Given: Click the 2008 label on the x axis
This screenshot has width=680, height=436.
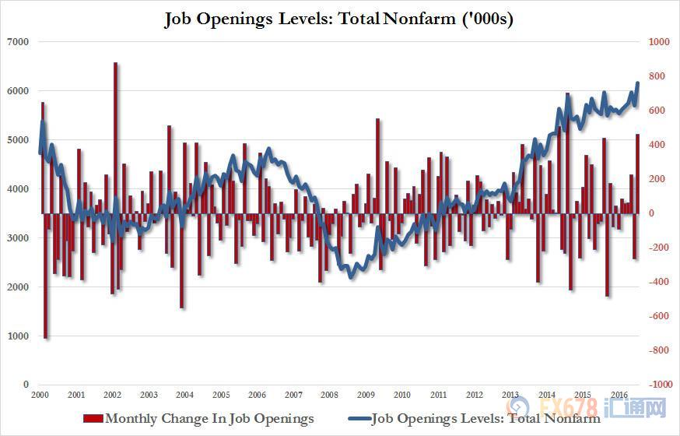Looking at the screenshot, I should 330,395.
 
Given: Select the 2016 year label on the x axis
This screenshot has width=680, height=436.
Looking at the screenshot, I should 619,395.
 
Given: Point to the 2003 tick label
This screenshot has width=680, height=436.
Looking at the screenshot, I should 149,395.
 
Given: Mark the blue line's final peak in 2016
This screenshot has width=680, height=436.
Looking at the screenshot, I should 638,83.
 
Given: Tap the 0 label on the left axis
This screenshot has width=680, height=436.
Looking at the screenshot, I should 26,385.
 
